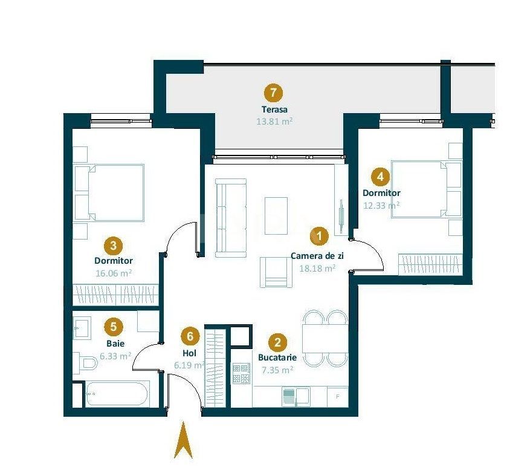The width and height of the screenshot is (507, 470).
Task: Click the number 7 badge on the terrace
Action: coord(274,94)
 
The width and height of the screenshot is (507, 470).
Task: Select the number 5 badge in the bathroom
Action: coord(113,327)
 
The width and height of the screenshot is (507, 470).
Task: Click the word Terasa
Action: coord(274,110)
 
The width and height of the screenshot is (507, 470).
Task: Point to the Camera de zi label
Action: coord(313,256)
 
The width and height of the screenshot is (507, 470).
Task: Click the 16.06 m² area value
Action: coord(113,273)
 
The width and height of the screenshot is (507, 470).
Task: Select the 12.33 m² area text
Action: coord(381,206)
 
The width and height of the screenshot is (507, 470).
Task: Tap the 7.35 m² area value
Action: coord(277,370)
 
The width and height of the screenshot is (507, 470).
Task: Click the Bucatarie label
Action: coord(277,357)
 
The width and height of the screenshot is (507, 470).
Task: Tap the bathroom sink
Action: coord(81,329)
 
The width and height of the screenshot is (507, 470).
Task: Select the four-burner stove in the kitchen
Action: coord(242,374)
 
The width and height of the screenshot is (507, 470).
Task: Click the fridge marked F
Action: coord(337,396)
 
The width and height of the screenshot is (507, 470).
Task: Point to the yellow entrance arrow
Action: coord(183,442)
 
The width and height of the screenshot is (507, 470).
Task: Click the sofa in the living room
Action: coord(231,216)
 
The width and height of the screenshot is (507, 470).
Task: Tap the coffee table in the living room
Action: coord(277,212)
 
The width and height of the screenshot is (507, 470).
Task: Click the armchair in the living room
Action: coord(276,272)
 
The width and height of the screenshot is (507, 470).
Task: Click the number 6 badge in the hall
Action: coord(190,336)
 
